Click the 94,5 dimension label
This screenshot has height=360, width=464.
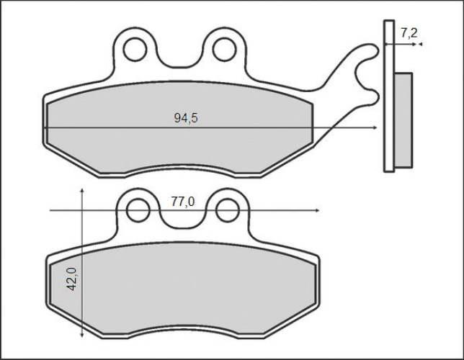pyautogui.click(x=186, y=118)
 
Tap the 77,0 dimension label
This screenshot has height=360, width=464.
pyautogui.click(x=182, y=202)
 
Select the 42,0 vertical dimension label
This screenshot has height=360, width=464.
pyautogui.click(x=71, y=279)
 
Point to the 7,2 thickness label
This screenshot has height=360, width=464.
pyautogui.click(x=409, y=33)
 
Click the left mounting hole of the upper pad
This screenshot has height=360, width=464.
pyautogui.click(x=135, y=50)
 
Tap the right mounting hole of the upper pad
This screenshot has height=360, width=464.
pyautogui.click(x=224, y=50)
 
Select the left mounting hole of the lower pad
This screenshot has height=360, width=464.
pyautogui.click(x=138, y=210)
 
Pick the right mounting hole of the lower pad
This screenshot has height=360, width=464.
pyautogui.click(x=227, y=211)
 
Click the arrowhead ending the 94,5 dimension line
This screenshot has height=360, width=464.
pyautogui.click(x=375, y=127)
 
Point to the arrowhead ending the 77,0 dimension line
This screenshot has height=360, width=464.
pyautogui.click(x=317, y=211)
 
